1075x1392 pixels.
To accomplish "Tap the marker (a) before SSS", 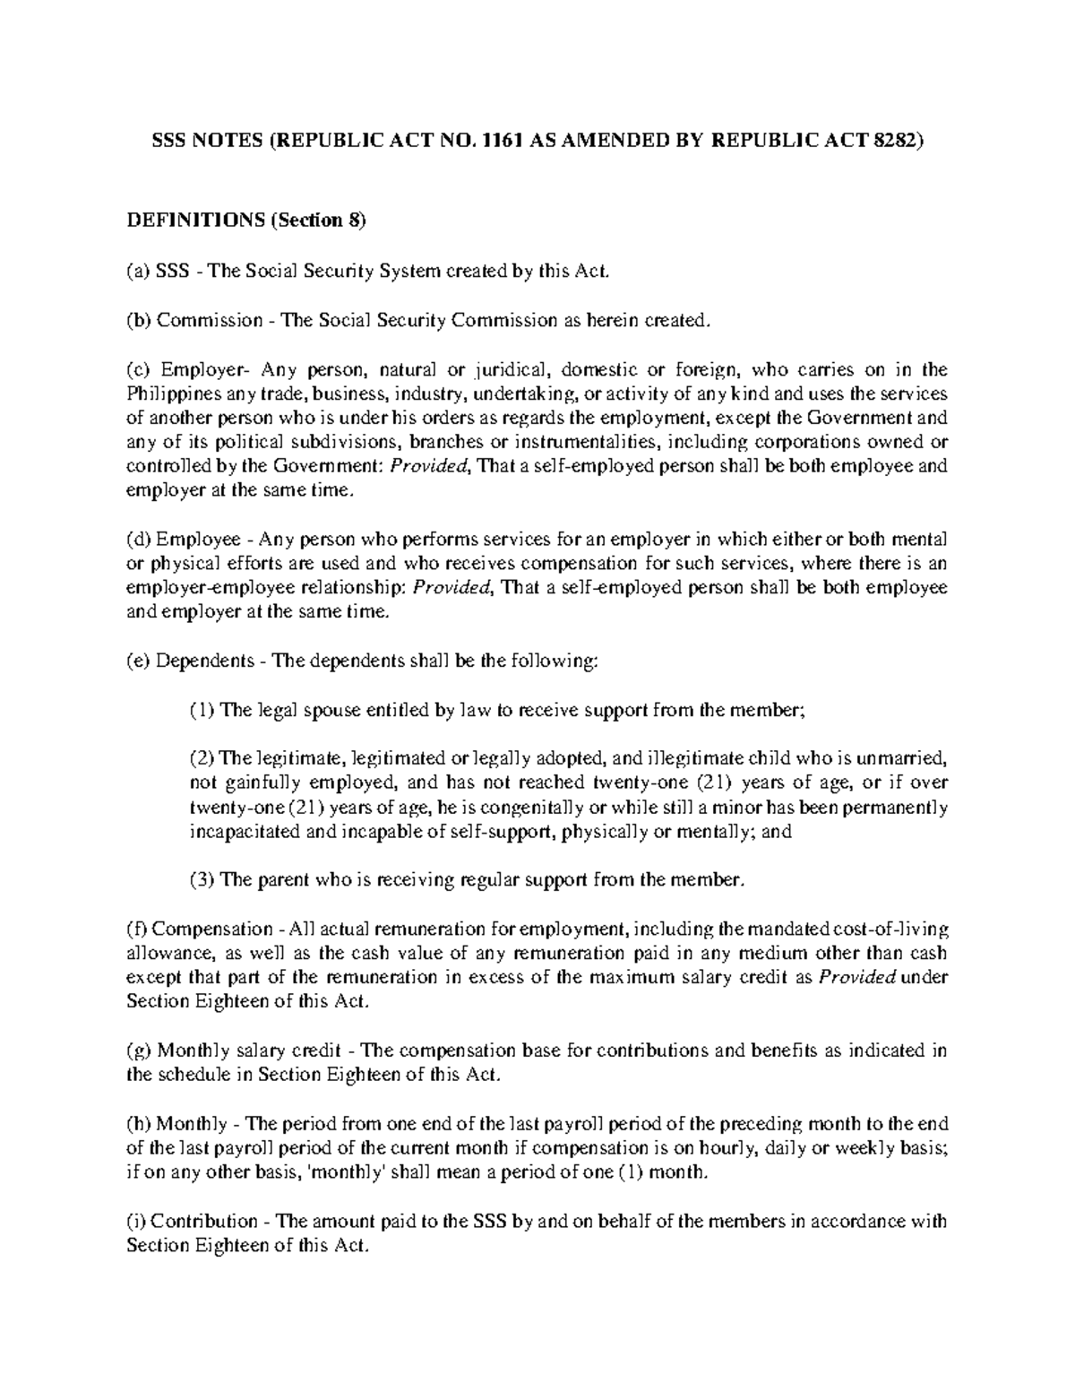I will (x=139, y=271).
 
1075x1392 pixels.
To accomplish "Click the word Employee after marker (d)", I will (x=198, y=540).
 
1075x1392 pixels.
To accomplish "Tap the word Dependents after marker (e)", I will (x=205, y=661).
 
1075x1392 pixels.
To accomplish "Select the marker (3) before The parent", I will (x=202, y=879).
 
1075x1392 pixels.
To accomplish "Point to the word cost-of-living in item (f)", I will (x=892, y=929).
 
